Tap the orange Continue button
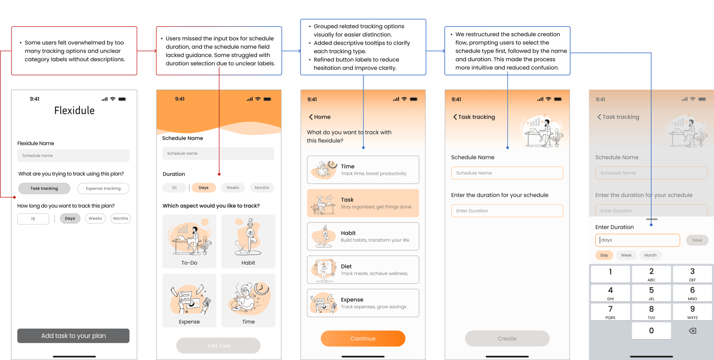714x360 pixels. [363, 338]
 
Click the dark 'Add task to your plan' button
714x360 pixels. [73, 336]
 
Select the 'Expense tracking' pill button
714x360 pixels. [103, 188]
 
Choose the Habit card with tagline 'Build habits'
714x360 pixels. [363, 236]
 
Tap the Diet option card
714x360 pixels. [363, 270]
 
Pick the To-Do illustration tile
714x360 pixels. [189, 241]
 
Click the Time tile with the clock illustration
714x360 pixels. [248, 300]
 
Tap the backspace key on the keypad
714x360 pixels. [692, 331]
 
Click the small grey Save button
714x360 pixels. [697, 240]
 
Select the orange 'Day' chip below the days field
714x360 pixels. [604, 255]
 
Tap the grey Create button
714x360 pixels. [507, 338]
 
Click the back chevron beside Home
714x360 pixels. [311, 117]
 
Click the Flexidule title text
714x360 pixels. [74, 111]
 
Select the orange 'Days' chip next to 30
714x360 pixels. [203, 187]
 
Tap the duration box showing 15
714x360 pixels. [33, 219]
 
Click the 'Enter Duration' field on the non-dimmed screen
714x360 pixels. [507, 211]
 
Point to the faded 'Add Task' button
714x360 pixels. [218, 346]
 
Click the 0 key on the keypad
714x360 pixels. [651, 331]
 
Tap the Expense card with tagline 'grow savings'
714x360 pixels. [363, 303]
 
